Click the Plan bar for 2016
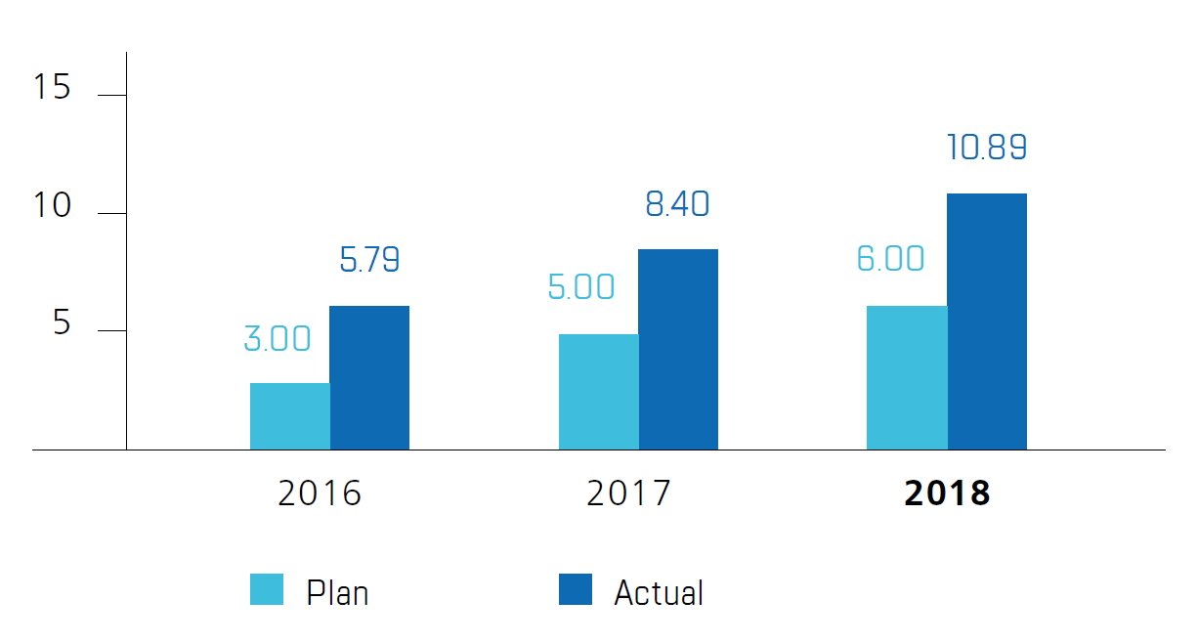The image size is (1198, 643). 289,416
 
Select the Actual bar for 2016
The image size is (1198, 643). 369,378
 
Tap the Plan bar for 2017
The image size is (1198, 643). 598,392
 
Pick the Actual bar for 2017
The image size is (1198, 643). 678,350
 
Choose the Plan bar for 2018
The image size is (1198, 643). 907,378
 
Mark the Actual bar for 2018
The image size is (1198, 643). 987,321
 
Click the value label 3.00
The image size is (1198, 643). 278,339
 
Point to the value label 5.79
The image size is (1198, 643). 369,260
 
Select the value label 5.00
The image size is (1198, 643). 581,287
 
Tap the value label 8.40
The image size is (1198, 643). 677,204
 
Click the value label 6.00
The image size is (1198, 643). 890,259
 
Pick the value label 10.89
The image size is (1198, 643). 987,148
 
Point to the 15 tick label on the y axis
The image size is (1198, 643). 52,88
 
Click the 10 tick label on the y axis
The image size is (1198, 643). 52,206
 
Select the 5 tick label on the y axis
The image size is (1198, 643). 63,323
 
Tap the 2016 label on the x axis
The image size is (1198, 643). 320,493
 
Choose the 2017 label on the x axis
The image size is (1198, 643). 628,493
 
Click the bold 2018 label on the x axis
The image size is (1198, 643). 947,493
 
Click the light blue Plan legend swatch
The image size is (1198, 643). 267,589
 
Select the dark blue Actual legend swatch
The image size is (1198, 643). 576,589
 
